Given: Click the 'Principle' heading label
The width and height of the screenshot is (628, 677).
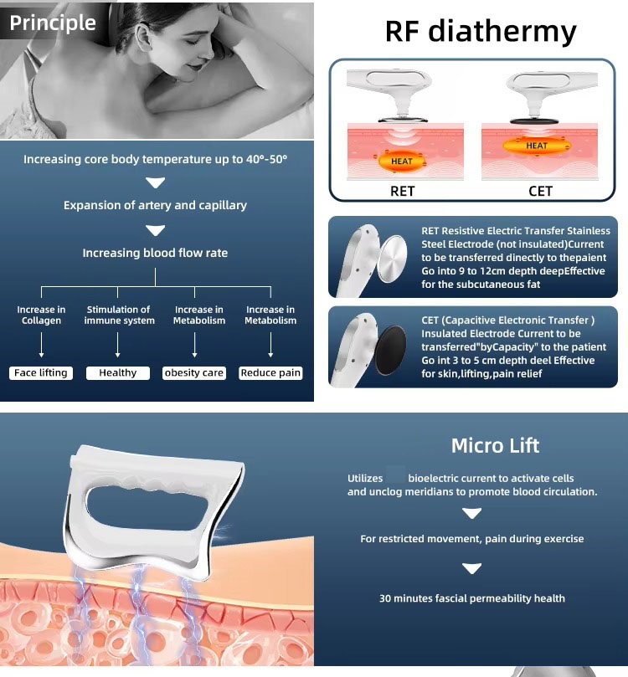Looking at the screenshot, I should click(53, 23).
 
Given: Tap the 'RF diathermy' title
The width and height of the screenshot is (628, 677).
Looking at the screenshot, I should click(481, 31).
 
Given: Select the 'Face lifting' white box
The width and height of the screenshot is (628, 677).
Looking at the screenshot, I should click(41, 373).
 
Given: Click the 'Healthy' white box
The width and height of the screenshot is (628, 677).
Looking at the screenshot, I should click(117, 373).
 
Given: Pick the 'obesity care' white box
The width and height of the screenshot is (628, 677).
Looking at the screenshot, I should click(194, 373).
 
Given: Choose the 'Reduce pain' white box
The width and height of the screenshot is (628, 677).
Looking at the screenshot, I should click(270, 373).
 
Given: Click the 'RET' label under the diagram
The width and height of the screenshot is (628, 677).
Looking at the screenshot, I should click(402, 191).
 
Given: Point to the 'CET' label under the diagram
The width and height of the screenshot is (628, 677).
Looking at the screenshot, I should click(540, 191).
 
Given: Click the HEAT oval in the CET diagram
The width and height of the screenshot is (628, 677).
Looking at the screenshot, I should click(537, 146).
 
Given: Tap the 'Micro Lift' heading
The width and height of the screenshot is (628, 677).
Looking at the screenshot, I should click(495, 445).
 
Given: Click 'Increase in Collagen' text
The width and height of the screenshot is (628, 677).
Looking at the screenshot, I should click(41, 315).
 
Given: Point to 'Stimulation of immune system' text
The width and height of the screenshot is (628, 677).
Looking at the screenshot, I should click(119, 315).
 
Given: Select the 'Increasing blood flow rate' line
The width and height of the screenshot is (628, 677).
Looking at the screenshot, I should click(155, 253).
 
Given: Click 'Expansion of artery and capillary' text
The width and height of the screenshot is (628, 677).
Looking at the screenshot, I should click(155, 205).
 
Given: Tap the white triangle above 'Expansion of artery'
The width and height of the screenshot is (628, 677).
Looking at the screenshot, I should click(155, 182).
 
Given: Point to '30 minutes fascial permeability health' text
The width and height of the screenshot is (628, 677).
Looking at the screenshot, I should click(471, 598).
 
